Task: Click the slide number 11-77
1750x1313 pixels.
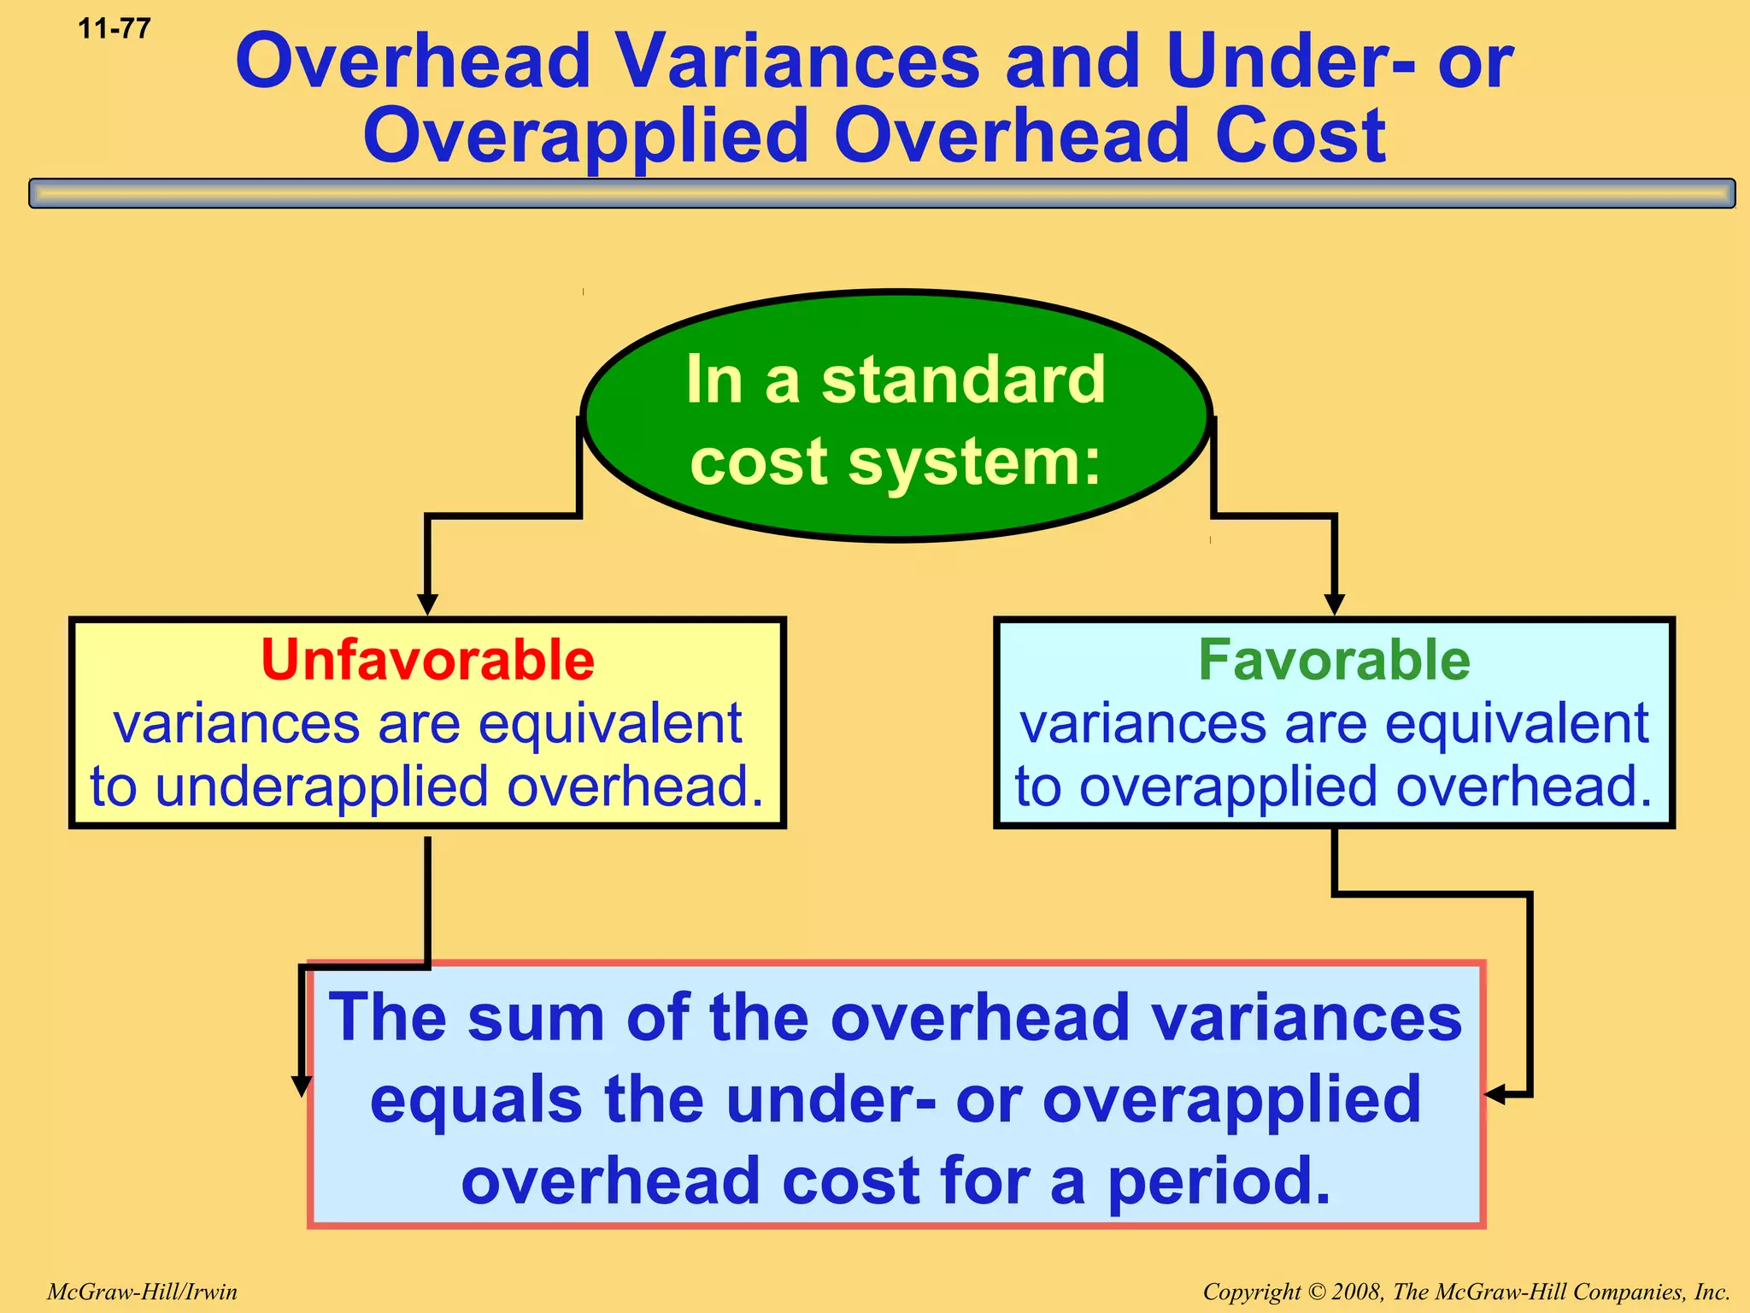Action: coord(115,29)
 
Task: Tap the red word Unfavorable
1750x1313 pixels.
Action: coord(427,661)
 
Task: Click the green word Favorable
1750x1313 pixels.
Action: coord(1334,661)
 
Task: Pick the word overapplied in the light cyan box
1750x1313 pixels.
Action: coord(1228,787)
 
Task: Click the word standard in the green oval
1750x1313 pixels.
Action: coord(963,380)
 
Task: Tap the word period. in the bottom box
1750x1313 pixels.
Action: coord(1219,1181)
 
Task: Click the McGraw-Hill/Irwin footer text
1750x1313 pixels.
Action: coord(142,1292)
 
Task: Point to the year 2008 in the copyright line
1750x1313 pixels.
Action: coord(1358,1292)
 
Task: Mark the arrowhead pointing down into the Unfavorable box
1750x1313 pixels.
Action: coord(427,604)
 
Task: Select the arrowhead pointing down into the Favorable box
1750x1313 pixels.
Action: coord(1334,604)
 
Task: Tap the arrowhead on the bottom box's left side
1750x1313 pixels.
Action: coord(301,1086)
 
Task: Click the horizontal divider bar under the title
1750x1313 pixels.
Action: coord(882,193)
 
